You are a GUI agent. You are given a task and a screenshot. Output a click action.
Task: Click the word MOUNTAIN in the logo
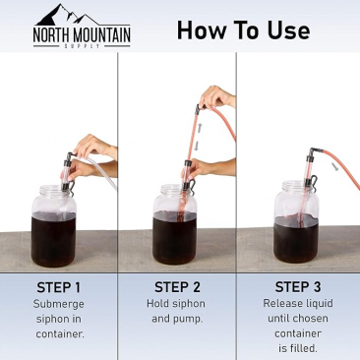point(101,35)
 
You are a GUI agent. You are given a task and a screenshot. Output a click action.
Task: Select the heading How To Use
point(243,30)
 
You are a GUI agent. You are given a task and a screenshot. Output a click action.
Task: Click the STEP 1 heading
point(58,287)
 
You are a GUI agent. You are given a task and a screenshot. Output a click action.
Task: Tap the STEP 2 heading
point(177,287)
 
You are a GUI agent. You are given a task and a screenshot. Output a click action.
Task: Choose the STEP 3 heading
point(298,287)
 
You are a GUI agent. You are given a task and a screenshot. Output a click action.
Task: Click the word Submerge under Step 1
point(59,305)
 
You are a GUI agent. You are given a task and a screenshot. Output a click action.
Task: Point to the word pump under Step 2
point(188,319)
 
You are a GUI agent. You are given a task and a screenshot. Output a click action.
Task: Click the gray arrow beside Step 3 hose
point(335,167)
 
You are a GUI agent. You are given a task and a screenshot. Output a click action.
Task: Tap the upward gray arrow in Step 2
point(199,127)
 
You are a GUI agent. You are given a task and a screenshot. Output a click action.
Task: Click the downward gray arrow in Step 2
point(197,146)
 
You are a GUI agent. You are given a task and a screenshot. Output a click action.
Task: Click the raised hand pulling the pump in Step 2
point(217,97)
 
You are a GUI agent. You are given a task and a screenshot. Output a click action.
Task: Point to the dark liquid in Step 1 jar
point(54,240)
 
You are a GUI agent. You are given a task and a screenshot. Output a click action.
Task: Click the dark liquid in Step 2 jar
point(174,238)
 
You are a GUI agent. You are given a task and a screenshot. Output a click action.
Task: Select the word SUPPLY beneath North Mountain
point(82,46)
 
